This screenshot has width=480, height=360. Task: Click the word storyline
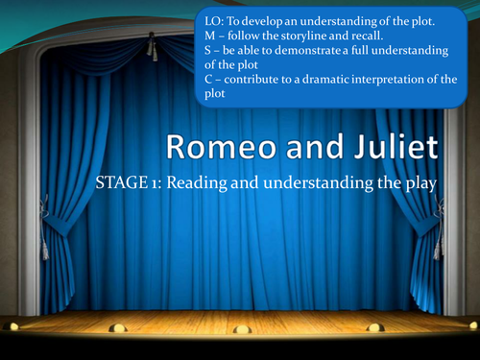click(307, 34)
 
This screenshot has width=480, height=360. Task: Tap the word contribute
click(253, 80)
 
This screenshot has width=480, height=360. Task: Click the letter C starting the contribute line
click(210, 80)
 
